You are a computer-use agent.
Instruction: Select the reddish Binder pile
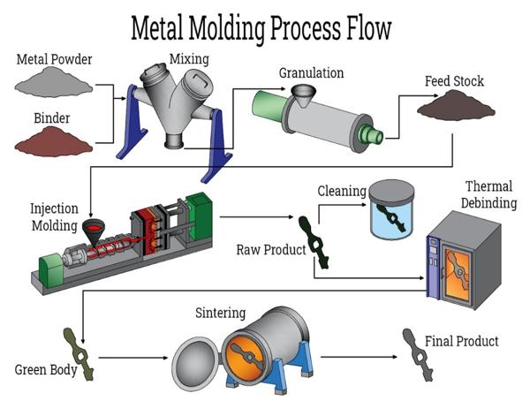(54, 141)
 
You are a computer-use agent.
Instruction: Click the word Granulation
(311, 72)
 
